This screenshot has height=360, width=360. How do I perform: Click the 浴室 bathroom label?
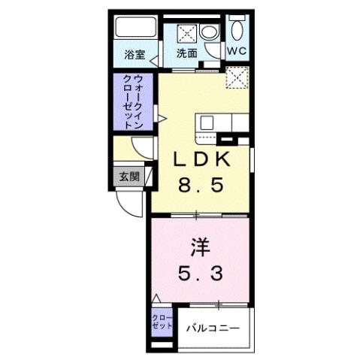pyautogui.click(x=134, y=54)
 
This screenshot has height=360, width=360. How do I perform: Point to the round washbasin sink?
pyautogui.click(x=210, y=32)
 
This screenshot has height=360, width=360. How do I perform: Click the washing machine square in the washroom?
pyautogui.click(x=187, y=32)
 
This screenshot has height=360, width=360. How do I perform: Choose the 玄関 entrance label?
pyautogui.click(x=129, y=177)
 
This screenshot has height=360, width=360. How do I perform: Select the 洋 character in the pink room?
pyautogui.click(x=198, y=245)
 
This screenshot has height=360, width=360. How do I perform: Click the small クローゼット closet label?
pyautogui.click(x=160, y=324)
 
